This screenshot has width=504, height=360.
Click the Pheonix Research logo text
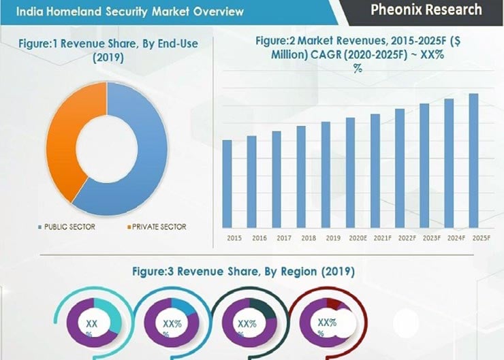coord(426,10)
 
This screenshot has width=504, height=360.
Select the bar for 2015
coord(227,183)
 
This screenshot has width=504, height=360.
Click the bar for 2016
coord(251,181)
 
